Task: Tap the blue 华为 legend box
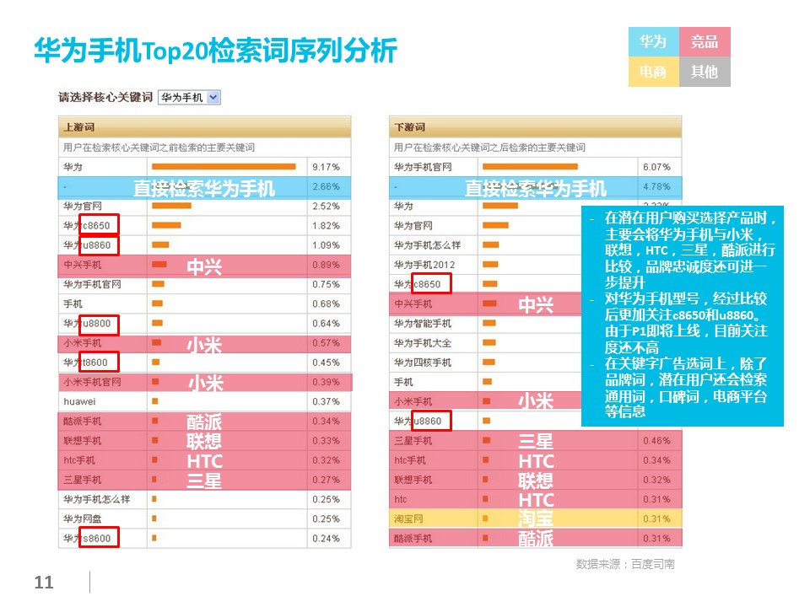click(x=653, y=42)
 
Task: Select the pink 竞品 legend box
click(x=704, y=42)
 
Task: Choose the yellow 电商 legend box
click(x=653, y=72)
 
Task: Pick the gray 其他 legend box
click(x=704, y=72)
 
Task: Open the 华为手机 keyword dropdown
click(x=190, y=97)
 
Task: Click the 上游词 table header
click(x=78, y=127)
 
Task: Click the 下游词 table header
click(x=410, y=127)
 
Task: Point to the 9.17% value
click(x=325, y=167)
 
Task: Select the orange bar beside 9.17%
click(x=224, y=167)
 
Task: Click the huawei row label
click(x=78, y=401)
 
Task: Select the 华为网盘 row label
click(x=84, y=518)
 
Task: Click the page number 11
click(x=44, y=583)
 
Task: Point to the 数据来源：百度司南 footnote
click(x=625, y=564)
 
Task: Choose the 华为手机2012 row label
click(x=424, y=265)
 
